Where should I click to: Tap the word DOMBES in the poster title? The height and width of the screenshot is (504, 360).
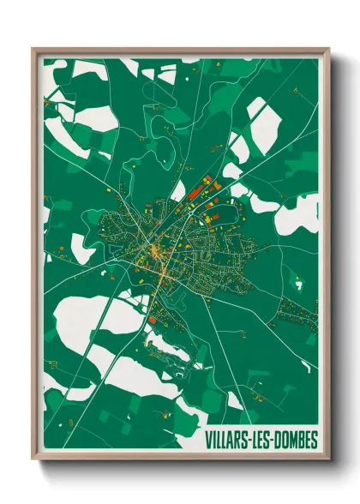pyautogui.click(x=294, y=441)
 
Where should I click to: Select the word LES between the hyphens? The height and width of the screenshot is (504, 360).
pyautogui.click(x=260, y=441)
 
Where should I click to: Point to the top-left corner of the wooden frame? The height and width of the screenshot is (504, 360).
pyautogui.click(x=33, y=49)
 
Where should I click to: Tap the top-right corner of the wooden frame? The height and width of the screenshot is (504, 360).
pyautogui.click(x=328, y=49)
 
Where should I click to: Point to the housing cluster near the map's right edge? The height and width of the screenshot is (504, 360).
pyautogui.click(x=296, y=313)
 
